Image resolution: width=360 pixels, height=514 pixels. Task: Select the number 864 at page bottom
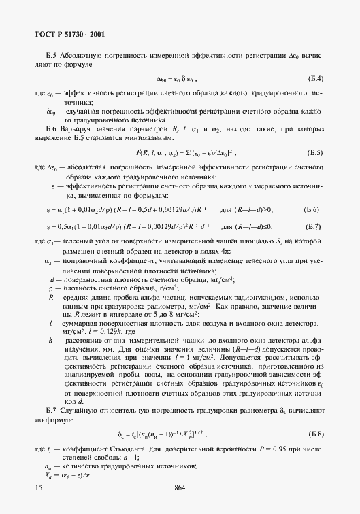click(180, 487)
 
